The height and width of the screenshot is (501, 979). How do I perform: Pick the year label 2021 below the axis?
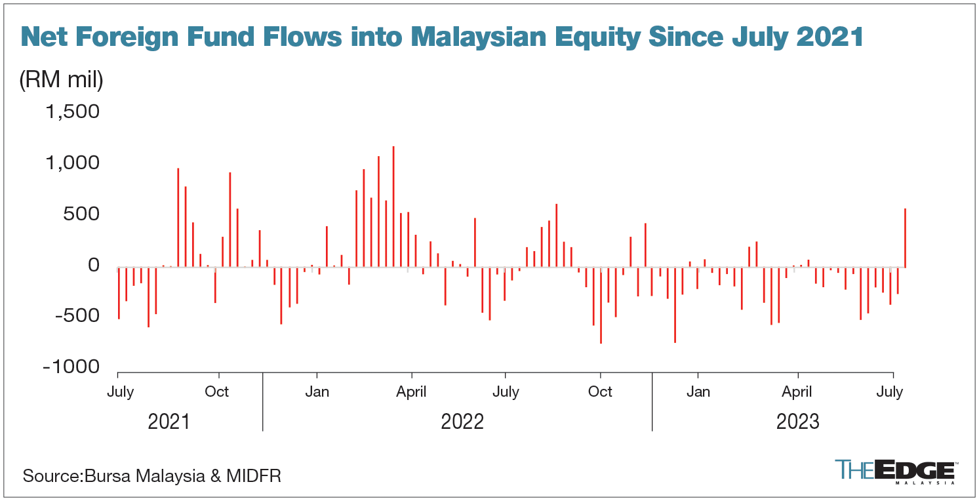(169, 421)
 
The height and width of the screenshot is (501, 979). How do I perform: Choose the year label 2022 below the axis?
(462, 421)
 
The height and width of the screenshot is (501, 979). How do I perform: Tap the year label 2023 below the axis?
(798, 421)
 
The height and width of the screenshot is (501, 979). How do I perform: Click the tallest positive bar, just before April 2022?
(393, 207)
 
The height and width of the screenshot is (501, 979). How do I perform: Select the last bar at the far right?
(906, 237)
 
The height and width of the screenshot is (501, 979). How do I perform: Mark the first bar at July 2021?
(119, 293)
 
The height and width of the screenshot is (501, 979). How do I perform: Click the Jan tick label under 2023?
(698, 392)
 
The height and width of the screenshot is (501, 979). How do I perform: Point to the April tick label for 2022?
(411, 392)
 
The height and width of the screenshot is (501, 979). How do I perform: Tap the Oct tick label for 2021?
(217, 392)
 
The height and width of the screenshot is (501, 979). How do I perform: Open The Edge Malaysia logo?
(894, 471)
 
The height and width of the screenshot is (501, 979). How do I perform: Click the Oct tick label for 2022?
(600, 392)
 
